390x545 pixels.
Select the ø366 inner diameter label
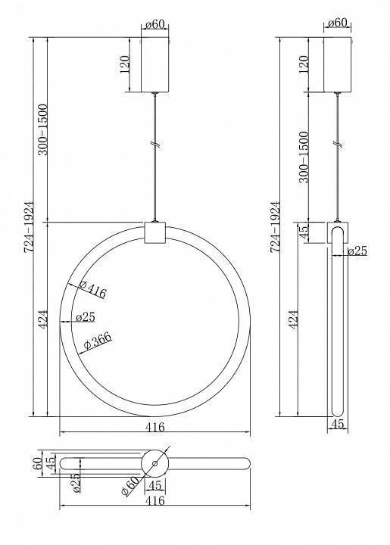(98, 340)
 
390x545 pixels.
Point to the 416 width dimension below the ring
(154, 427)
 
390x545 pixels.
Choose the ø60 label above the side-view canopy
(339, 23)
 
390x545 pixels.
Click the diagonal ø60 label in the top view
(130, 485)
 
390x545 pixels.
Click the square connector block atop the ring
(155, 232)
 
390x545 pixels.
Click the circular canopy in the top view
(155, 463)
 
